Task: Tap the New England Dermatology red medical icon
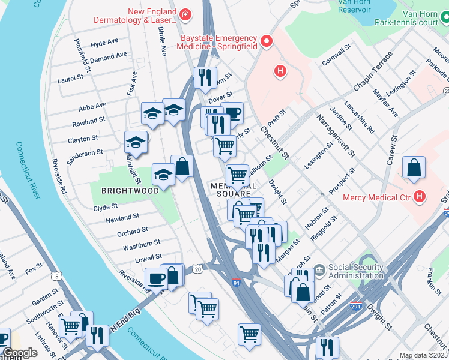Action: click(186, 13)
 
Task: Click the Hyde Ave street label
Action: click(104, 44)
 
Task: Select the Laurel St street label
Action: click(70, 78)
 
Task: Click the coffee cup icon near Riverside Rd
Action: click(157, 279)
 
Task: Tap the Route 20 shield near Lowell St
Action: click(197, 269)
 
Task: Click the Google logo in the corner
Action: click(20, 353)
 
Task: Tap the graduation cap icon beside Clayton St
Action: click(136, 142)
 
